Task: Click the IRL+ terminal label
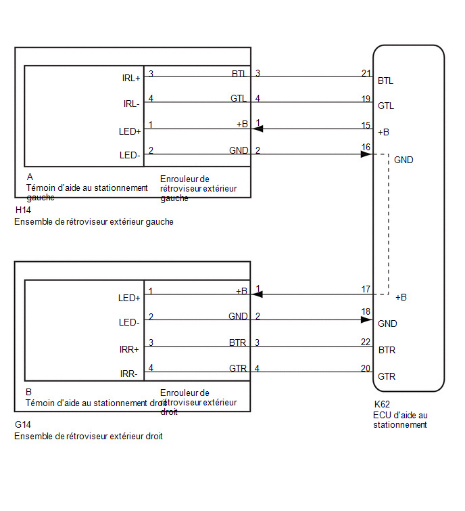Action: click(x=131, y=79)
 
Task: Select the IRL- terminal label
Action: click(x=132, y=104)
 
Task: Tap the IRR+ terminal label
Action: click(x=129, y=350)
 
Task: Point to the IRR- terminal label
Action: click(x=129, y=374)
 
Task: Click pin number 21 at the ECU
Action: click(x=366, y=73)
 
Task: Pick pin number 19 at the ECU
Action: click(x=366, y=99)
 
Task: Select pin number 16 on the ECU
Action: click(x=366, y=147)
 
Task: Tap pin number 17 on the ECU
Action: click(x=366, y=289)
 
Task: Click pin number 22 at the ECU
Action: click(x=366, y=342)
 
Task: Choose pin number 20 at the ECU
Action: click(x=366, y=368)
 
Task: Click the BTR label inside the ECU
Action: click(x=387, y=351)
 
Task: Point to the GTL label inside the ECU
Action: click(x=386, y=106)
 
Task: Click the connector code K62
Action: click(x=382, y=405)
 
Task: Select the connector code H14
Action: click(x=23, y=210)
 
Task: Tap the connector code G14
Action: click(x=23, y=424)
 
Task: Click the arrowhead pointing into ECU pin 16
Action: click(x=366, y=154)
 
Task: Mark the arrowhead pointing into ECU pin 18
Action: click(x=366, y=319)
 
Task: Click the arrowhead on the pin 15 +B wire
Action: click(x=258, y=129)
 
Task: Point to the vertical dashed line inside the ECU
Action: click(x=389, y=224)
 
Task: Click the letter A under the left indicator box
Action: click(x=30, y=177)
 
